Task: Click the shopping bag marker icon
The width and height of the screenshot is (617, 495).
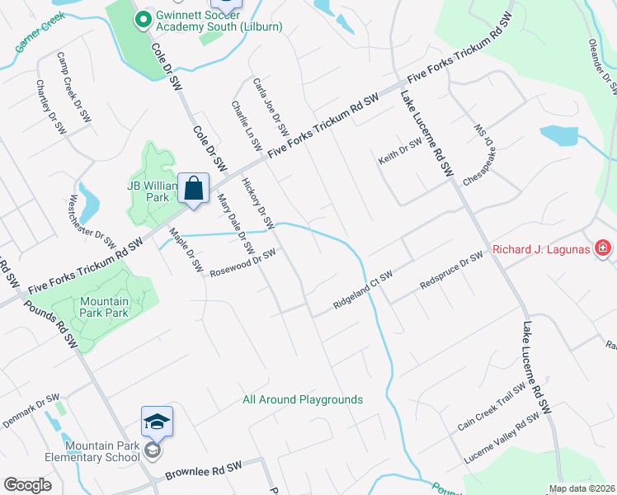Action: coord(193,189)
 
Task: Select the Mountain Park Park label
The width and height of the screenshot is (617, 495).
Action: coord(105,307)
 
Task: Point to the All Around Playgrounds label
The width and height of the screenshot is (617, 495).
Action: coord(303,399)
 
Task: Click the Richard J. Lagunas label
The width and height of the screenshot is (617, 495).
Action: coord(544,248)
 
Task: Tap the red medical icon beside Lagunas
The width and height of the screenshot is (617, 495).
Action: coord(604,247)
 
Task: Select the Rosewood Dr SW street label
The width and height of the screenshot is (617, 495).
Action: coord(242,262)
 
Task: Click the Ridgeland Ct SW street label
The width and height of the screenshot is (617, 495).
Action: coord(361,290)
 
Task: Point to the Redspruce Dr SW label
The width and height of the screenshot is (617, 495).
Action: coord(450,269)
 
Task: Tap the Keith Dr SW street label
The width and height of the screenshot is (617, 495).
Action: coord(400,150)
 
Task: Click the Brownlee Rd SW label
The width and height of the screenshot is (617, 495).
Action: coord(203,471)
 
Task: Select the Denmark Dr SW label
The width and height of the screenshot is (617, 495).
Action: coord(31,405)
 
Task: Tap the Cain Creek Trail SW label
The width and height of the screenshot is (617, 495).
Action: coord(492,408)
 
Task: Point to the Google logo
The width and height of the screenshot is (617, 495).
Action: coord(28,485)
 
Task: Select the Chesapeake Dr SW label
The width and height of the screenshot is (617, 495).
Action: coord(478,154)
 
